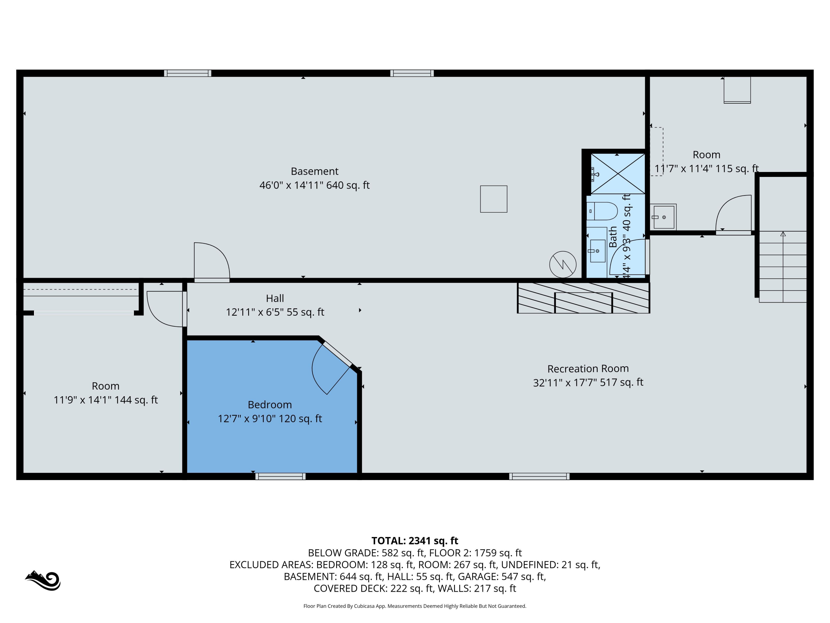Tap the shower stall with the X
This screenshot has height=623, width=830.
618,174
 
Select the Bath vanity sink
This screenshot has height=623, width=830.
597,251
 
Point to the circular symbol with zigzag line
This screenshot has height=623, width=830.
562,264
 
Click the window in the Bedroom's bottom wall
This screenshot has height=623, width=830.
280,477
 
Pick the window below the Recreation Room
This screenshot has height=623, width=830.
539,477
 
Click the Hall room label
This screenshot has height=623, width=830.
275,298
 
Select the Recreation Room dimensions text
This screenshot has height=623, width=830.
588,382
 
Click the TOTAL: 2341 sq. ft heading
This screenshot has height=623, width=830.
415,540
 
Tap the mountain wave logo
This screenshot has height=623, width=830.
43,580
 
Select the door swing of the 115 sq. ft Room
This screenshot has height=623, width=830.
733,214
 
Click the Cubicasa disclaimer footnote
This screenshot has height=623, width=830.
415,606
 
